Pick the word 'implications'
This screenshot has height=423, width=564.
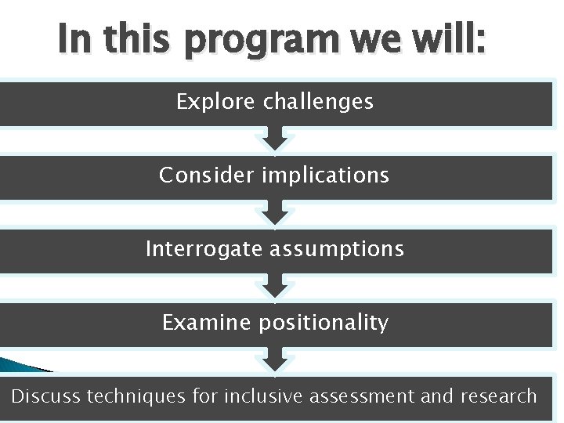(325, 175)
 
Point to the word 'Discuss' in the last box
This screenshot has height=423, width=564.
(46, 396)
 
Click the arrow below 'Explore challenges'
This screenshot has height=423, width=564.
(275, 140)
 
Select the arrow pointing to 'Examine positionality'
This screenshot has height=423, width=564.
(275, 287)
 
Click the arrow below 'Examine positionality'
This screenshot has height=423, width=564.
(275, 361)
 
